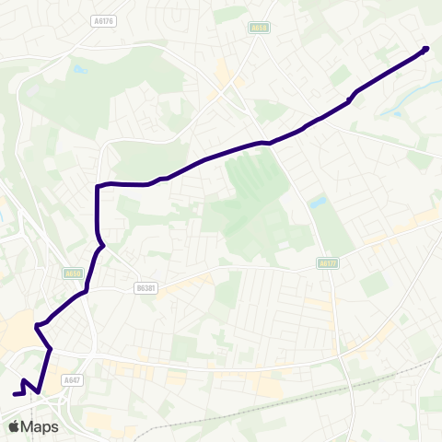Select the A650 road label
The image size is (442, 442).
tap(74, 273)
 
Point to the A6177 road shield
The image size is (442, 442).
tap(327, 263)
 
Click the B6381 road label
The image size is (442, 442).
tap(145, 288)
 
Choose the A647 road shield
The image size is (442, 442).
tap(73, 378)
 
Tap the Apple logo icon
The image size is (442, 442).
tap(15, 426)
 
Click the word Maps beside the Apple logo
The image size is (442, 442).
tap(40, 426)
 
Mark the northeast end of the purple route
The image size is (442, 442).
tap(425, 49)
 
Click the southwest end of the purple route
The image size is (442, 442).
tap(15, 394)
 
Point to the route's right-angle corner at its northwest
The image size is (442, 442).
tap(98, 186)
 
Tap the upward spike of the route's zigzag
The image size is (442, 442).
tap(23, 380)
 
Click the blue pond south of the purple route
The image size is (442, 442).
tap(319, 201)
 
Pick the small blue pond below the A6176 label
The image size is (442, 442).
tap(80, 68)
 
